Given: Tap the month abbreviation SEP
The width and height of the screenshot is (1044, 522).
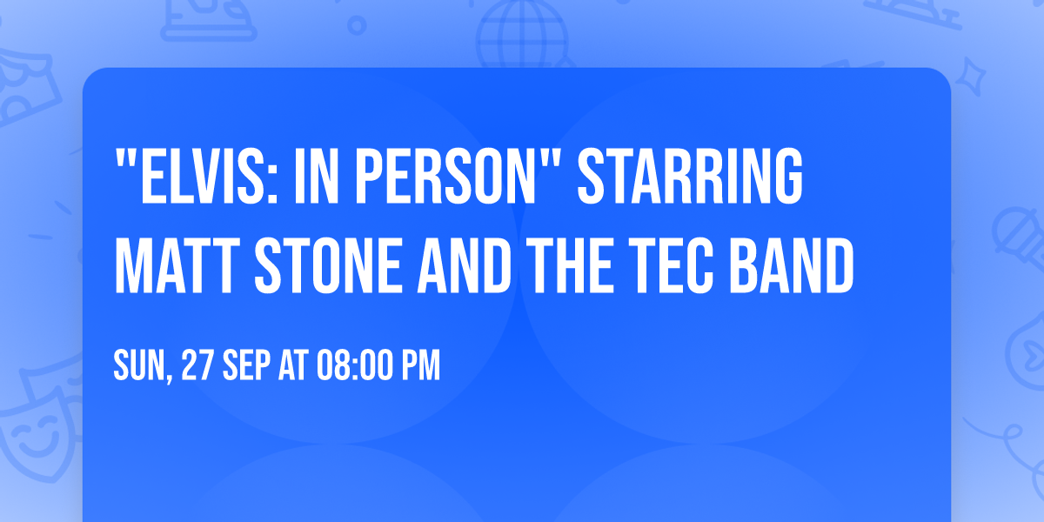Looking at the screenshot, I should tap(246, 366).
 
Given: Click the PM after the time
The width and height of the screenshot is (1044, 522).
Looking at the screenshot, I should tap(420, 366).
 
